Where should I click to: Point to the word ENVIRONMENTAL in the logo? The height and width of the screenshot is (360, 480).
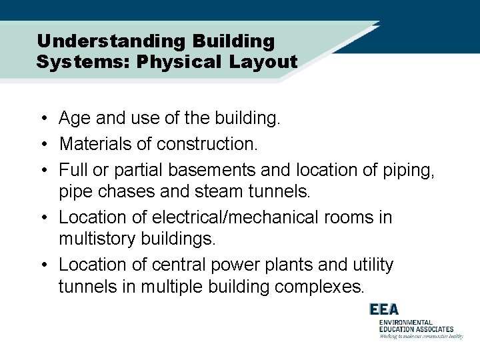405,323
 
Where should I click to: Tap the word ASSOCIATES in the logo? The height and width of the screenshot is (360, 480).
431,329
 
